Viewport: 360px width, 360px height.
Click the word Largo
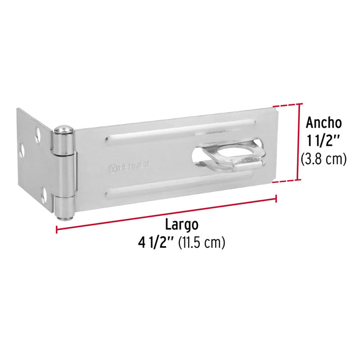pos(181,224)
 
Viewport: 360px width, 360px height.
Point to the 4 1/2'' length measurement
pos(157,243)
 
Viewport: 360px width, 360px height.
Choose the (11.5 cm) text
pos(202,243)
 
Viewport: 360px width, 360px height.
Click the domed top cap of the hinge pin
pos(63,130)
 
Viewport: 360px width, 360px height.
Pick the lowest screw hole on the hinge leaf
pos(44,196)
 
